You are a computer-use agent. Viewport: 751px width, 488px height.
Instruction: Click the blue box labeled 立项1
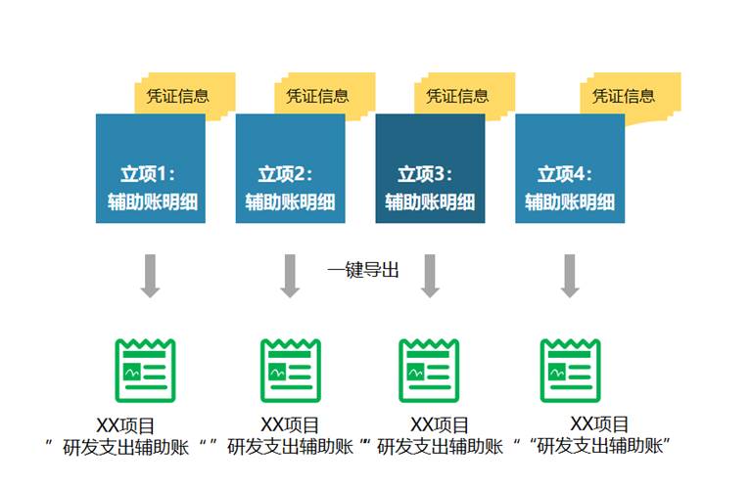(150, 169)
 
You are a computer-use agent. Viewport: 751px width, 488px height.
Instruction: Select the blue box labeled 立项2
(290, 169)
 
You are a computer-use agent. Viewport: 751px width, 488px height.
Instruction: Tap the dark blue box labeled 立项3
(430, 169)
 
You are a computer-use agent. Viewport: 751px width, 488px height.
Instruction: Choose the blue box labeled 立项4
(570, 169)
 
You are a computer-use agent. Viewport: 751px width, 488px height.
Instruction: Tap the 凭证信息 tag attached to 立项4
(624, 96)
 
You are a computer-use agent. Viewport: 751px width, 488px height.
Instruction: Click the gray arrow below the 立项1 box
(150, 275)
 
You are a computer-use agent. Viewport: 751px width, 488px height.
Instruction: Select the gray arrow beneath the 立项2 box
(290, 275)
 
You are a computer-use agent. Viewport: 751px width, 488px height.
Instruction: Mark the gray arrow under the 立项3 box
(430, 275)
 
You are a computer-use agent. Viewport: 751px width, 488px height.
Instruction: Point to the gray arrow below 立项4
(570, 275)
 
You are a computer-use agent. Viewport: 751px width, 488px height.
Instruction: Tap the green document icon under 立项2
(290, 371)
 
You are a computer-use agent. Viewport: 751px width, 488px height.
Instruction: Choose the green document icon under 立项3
(429, 371)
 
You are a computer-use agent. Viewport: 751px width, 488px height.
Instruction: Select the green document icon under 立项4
(570, 371)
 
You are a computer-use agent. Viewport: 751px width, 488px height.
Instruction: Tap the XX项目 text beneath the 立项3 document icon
(440, 424)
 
